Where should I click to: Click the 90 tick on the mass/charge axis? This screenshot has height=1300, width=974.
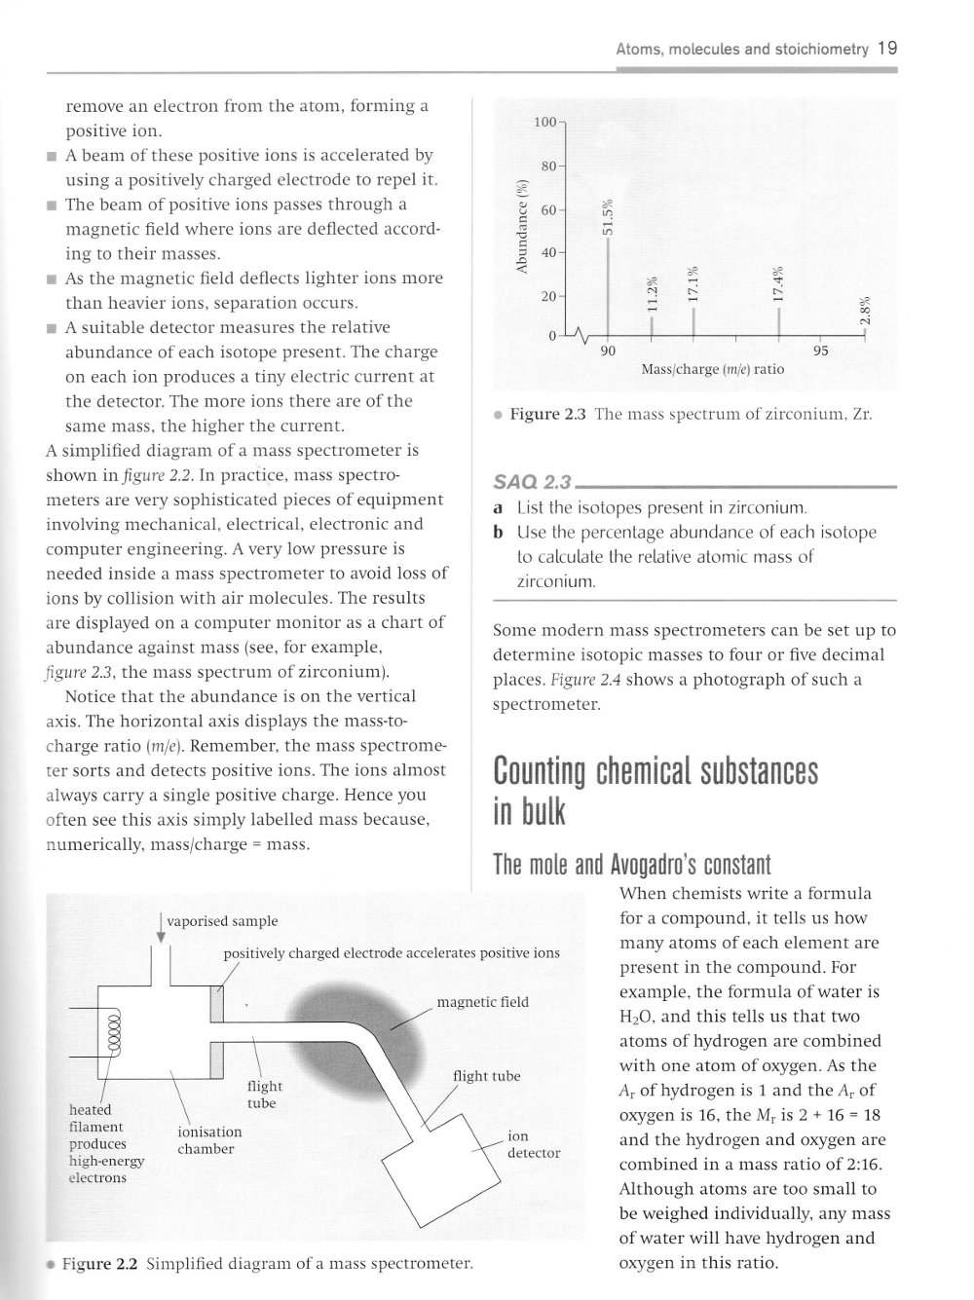click(x=608, y=351)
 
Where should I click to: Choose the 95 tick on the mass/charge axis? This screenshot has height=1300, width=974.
click(x=820, y=351)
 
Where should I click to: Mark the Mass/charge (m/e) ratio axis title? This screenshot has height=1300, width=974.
click(x=712, y=370)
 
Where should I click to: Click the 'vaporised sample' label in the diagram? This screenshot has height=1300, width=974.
click(x=222, y=921)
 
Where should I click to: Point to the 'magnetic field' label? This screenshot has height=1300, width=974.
click(x=482, y=1002)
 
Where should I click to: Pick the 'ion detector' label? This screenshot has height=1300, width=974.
click(x=534, y=1144)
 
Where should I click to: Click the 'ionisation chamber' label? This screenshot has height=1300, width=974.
click(x=209, y=1140)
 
